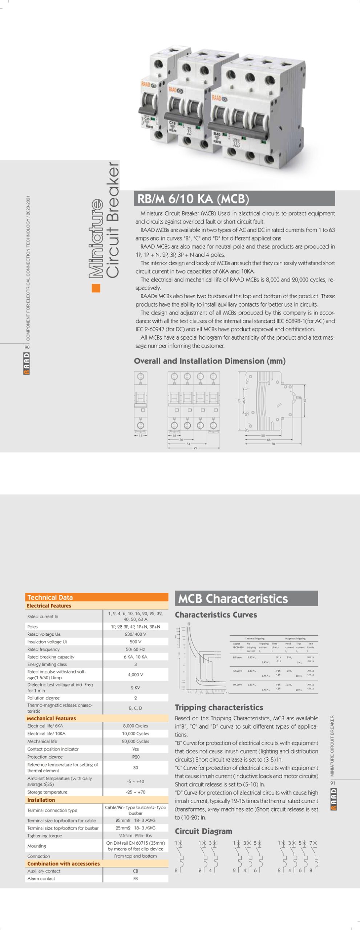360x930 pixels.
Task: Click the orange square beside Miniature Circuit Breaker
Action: (96, 288)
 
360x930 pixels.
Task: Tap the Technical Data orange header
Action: (50, 597)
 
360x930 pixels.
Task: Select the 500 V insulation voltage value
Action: (135, 642)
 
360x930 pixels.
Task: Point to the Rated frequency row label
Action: (44, 649)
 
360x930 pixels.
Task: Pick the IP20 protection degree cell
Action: (135, 757)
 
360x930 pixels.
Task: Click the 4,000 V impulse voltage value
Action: (135, 674)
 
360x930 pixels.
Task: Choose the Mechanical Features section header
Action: (51, 718)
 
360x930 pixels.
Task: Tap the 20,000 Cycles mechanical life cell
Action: (135, 741)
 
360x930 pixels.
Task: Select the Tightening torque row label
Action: (45, 836)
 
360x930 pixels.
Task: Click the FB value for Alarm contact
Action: (135, 878)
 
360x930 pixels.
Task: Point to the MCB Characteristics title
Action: (233, 599)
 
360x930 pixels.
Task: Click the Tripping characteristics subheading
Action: (219, 707)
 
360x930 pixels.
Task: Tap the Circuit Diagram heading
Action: (203, 831)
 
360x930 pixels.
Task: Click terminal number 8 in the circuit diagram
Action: (310, 870)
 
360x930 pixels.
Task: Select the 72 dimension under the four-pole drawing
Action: (195, 448)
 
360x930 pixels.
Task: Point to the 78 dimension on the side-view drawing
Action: (273, 444)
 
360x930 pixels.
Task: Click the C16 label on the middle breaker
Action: (172, 123)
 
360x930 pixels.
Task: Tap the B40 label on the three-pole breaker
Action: (217, 134)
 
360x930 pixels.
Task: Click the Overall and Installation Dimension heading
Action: (210, 361)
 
